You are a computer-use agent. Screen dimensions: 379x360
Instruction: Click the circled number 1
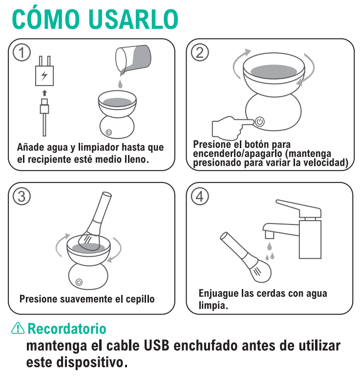21,53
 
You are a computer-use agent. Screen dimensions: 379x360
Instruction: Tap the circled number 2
199,53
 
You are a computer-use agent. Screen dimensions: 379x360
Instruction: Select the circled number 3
21,196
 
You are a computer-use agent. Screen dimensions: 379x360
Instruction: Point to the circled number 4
199,196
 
